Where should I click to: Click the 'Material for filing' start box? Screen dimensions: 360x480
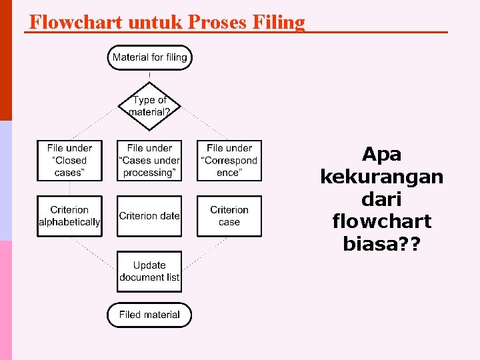click(x=149, y=57)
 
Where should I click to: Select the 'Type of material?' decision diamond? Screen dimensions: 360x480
click(x=149, y=106)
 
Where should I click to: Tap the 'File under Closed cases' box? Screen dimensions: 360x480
click(x=70, y=160)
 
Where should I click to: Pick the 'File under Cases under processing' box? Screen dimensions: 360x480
click(x=149, y=160)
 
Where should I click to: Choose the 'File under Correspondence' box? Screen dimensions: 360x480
click(x=229, y=160)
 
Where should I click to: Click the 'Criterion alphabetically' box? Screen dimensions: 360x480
click(x=70, y=215)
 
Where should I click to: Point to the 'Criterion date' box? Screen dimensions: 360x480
click(x=149, y=215)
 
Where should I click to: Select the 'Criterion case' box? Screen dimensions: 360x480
click(x=229, y=215)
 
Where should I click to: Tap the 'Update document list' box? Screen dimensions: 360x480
click(x=149, y=271)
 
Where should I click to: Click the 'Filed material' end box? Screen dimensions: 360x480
click(x=149, y=315)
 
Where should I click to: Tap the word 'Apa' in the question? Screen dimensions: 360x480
click(x=381, y=155)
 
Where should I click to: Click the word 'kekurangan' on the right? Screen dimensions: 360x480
click(x=381, y=177)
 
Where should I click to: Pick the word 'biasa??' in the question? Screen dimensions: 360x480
click(x=381, y=244)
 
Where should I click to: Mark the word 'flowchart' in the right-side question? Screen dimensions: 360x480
click(x=381, y=221)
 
